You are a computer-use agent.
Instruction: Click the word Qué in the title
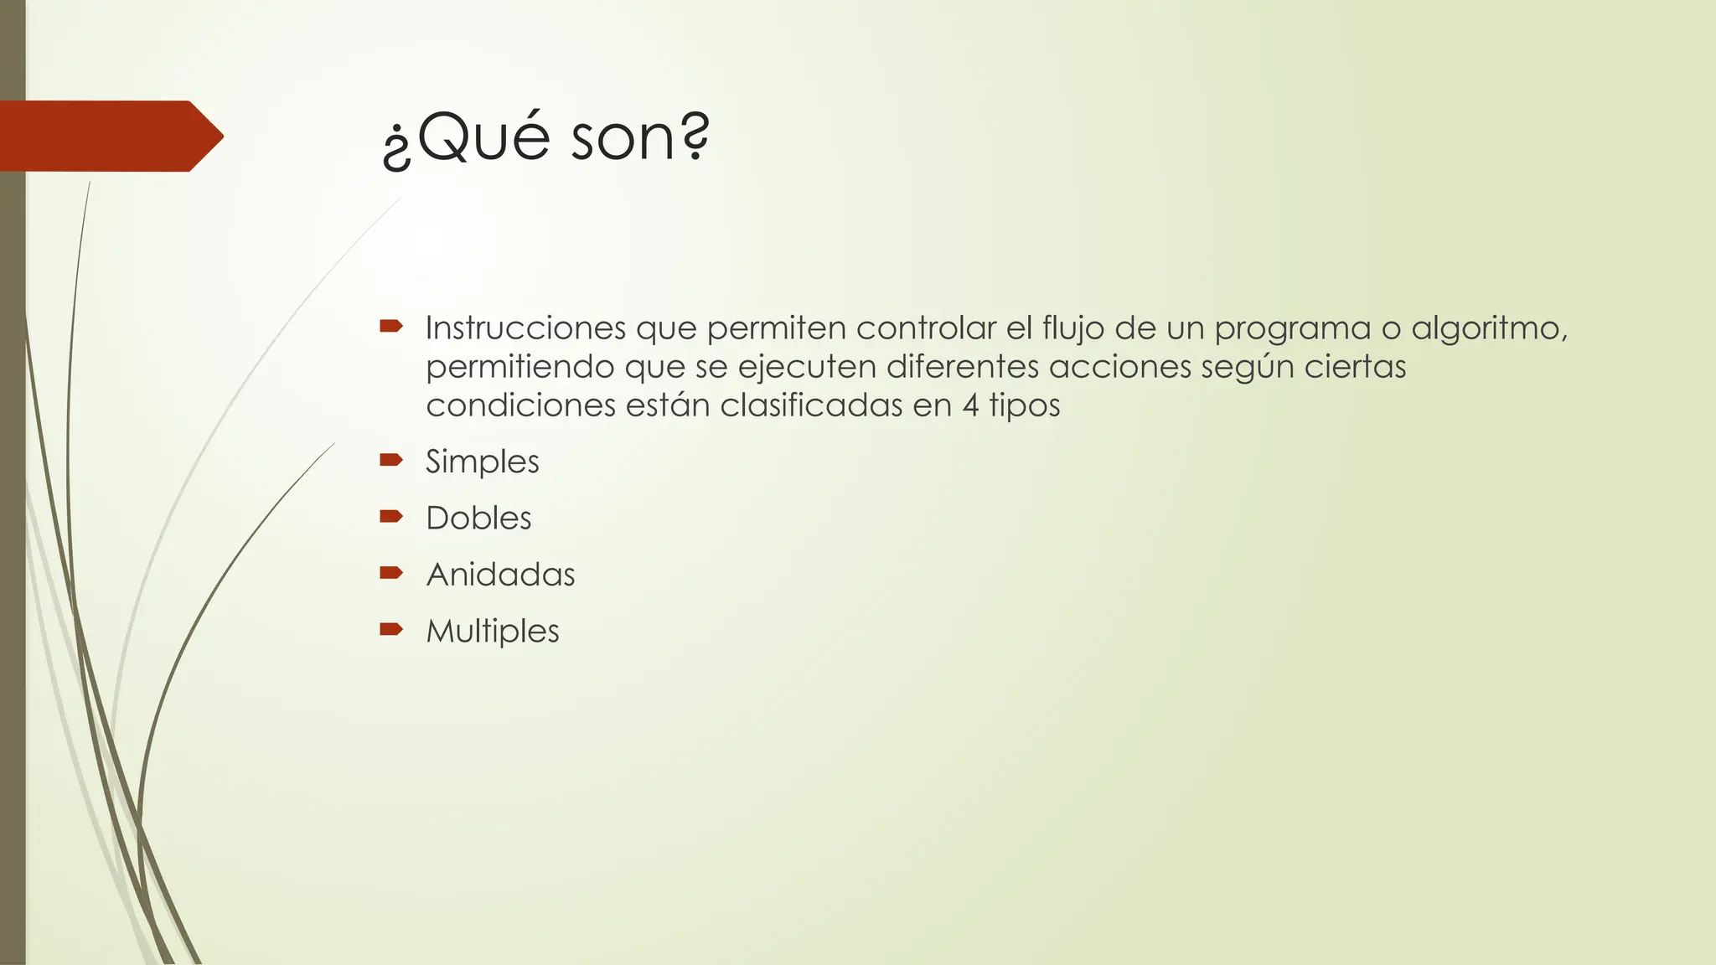point(474,138)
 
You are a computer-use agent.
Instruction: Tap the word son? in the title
point(640,138)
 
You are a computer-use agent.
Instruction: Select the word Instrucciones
point(525,328)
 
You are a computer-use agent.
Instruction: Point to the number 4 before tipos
point(970,406)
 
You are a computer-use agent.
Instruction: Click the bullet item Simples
point(482,462)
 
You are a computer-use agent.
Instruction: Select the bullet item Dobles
point(478,518)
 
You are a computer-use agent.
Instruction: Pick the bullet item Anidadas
point(500,575)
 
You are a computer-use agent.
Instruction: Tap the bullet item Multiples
point(493,631)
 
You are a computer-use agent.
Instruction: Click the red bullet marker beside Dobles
point(391,516)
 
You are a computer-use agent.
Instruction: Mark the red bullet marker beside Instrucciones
point(391,325)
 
